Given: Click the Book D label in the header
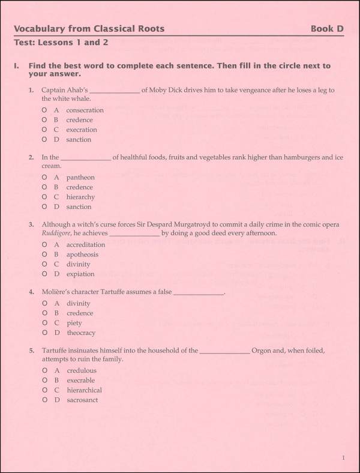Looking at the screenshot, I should [x=327, y=28].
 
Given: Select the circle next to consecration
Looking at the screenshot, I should [x=44, y=110].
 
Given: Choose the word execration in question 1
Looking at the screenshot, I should [x=82, y=130].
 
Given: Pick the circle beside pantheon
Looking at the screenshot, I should [x=44, y=177].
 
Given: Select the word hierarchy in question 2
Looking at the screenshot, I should [x=80, y=197].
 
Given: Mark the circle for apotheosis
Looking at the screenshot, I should [x=44, y=255].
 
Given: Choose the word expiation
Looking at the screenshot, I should [x=80, y=274].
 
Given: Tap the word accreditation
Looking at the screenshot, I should [x=86, y=245].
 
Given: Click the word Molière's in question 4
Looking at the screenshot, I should [x=57, y=292].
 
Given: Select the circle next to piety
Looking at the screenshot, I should [x=44, y=323].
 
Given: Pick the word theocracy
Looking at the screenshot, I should [x=81, y=333].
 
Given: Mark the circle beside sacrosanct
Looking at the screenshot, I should [x=44, y=400].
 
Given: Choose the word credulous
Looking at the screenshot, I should [x=82, y=370].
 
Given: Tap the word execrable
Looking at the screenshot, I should [x=81, y=381].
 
